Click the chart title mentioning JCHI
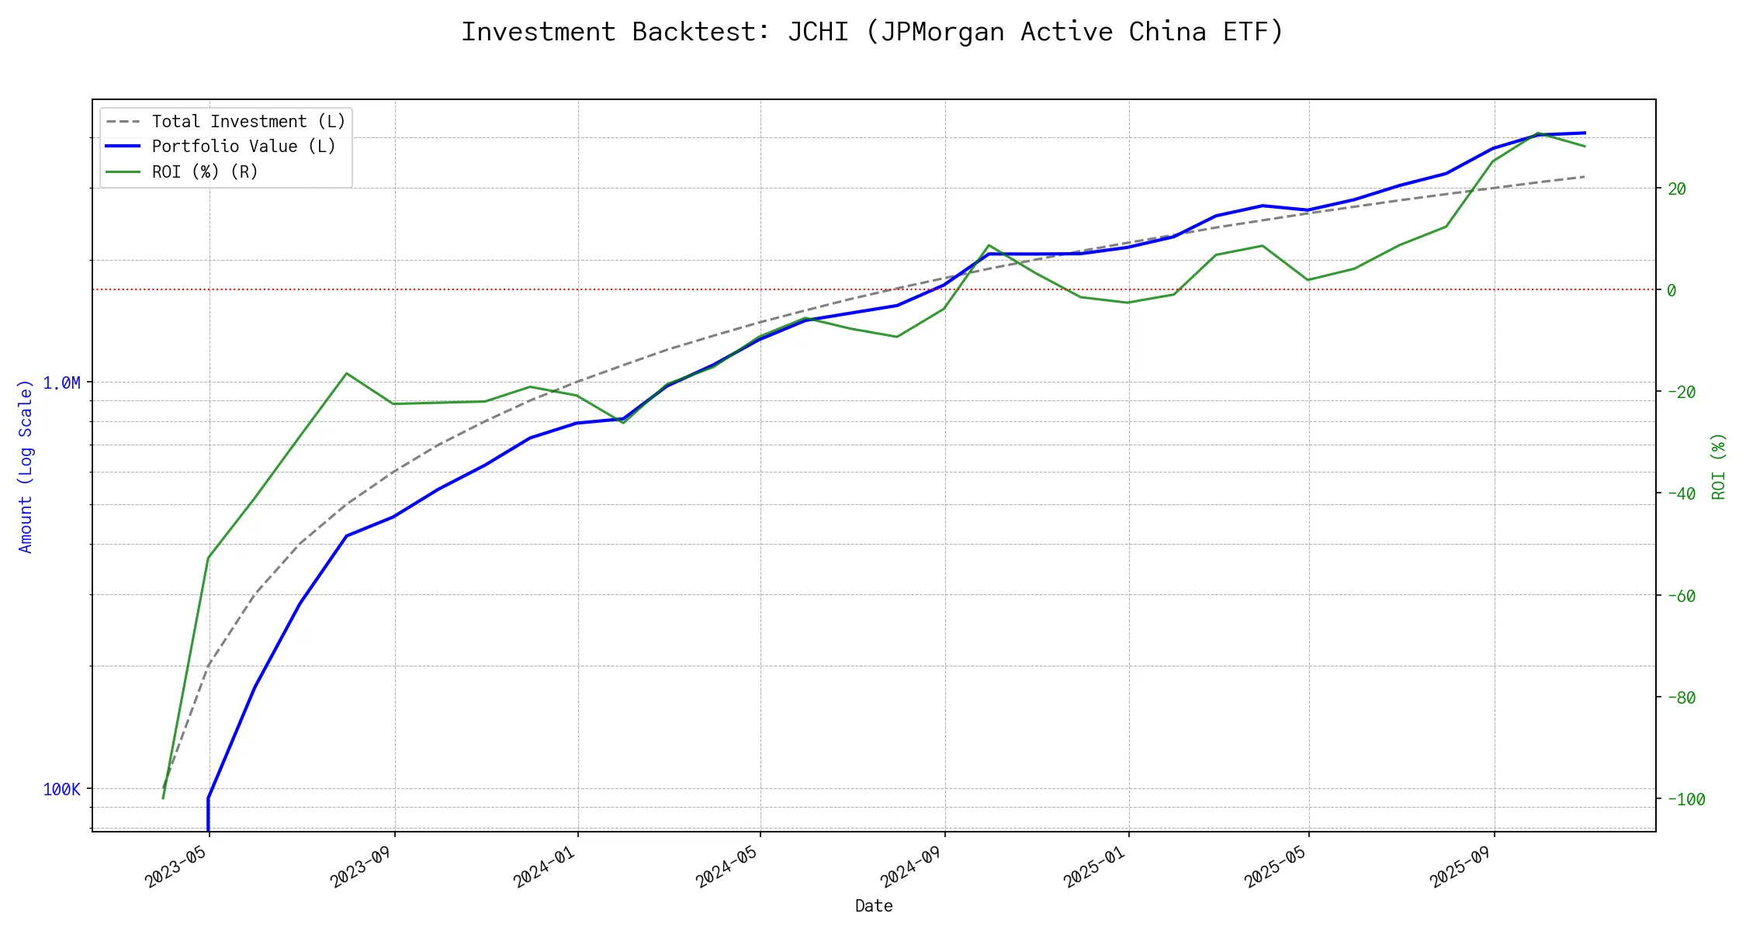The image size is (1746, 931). [873, 32]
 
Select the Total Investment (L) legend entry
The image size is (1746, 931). [248, 122]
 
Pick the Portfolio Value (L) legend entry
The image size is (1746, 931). [244, 147]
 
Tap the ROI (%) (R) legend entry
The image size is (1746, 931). [205, 171]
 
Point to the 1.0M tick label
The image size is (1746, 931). [61, 382]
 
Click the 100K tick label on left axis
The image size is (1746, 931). [61, 789]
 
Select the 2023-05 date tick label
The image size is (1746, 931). [178, 864]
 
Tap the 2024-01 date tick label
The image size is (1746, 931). [546, 864]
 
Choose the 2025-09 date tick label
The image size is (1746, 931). [1463, 864]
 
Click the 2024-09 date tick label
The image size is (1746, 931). [913, 864]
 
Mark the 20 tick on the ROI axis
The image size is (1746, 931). [1676, 189]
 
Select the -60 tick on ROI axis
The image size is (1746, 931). [1681, 596]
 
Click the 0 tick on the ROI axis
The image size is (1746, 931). [1672, 290]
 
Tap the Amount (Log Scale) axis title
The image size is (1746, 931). [26, 465]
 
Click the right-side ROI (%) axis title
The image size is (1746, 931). [1718, 465]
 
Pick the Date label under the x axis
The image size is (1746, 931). [874, 905]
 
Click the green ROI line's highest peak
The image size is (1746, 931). [1537, 133]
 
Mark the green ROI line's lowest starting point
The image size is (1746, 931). [163, 798]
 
